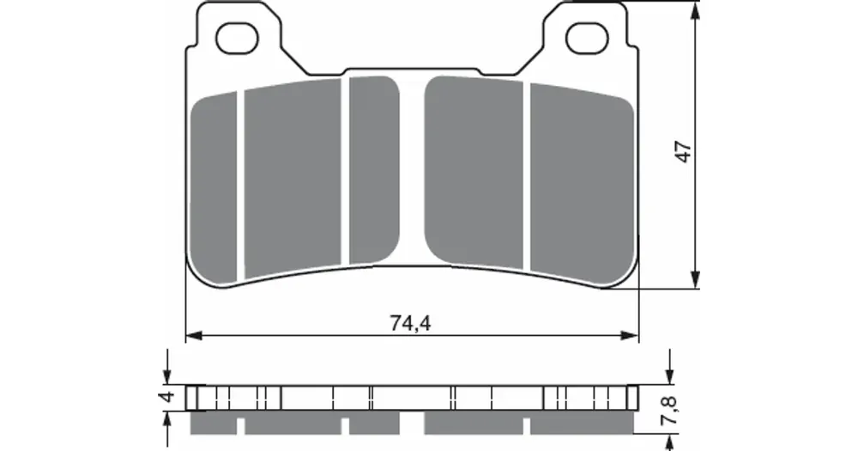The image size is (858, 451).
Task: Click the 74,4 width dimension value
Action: (410, 323)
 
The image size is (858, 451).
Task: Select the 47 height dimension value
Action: (684, 151)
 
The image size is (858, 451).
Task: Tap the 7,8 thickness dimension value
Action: (672, 410)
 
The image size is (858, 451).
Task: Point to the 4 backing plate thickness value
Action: (168, 396)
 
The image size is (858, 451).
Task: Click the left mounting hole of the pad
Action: (237, 39)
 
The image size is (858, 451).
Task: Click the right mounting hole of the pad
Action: (587, 38)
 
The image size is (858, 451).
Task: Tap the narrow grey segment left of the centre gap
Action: (374, 170)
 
